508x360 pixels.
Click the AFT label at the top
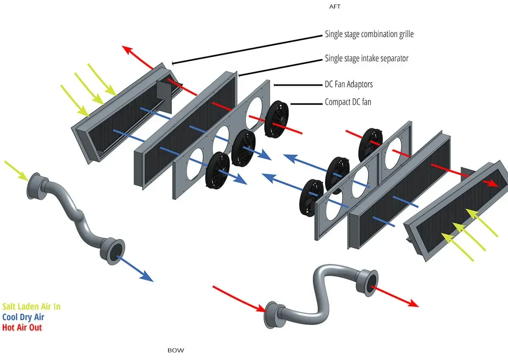pyautogui.click(x=334, y=7)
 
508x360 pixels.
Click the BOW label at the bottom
pyautogui.click(x=176, y=350)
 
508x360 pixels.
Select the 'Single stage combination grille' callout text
pyautogui.click(x=369, y=34)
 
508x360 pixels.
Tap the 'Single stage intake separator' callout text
pyautogui.click(x=366, y=58)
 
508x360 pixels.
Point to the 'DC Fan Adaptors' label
pyautogui.click(x=348, y=84)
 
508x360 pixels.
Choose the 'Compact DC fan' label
pyautogui.click(x=348, y=102)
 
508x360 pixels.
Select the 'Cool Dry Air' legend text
pyautogui.click(x=23, y=317)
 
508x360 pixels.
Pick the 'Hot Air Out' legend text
pyautogui.click(x=22, y=327)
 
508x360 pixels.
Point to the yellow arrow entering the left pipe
pyautogui.click(x=17, y=169)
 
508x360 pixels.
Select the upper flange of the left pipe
pyautogui.click(x=35, y=186)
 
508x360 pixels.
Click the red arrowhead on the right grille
pyautogui.click(x=493, y=182)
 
